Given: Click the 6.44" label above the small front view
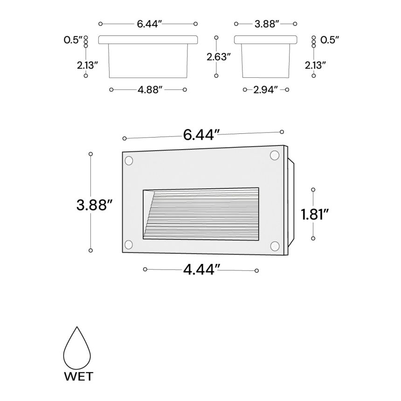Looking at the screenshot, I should pos(150,24).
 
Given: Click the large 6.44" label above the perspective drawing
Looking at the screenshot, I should pos(201,135).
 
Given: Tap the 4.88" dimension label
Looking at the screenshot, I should pos(150,90).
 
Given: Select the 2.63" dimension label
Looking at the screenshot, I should pos(219,57).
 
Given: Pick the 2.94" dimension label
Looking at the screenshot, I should pos(266,90).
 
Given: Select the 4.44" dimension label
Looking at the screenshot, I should pos(201,270).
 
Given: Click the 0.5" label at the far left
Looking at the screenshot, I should pos(73,41).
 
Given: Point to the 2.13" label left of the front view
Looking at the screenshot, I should pos(87,65).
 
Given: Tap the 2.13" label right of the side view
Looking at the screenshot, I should pos(315,65).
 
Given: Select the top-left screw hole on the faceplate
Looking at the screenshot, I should pos(129,161).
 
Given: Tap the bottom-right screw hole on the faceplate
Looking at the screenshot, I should pos(275,245).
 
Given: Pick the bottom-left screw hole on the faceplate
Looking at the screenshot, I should pos(129,244).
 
